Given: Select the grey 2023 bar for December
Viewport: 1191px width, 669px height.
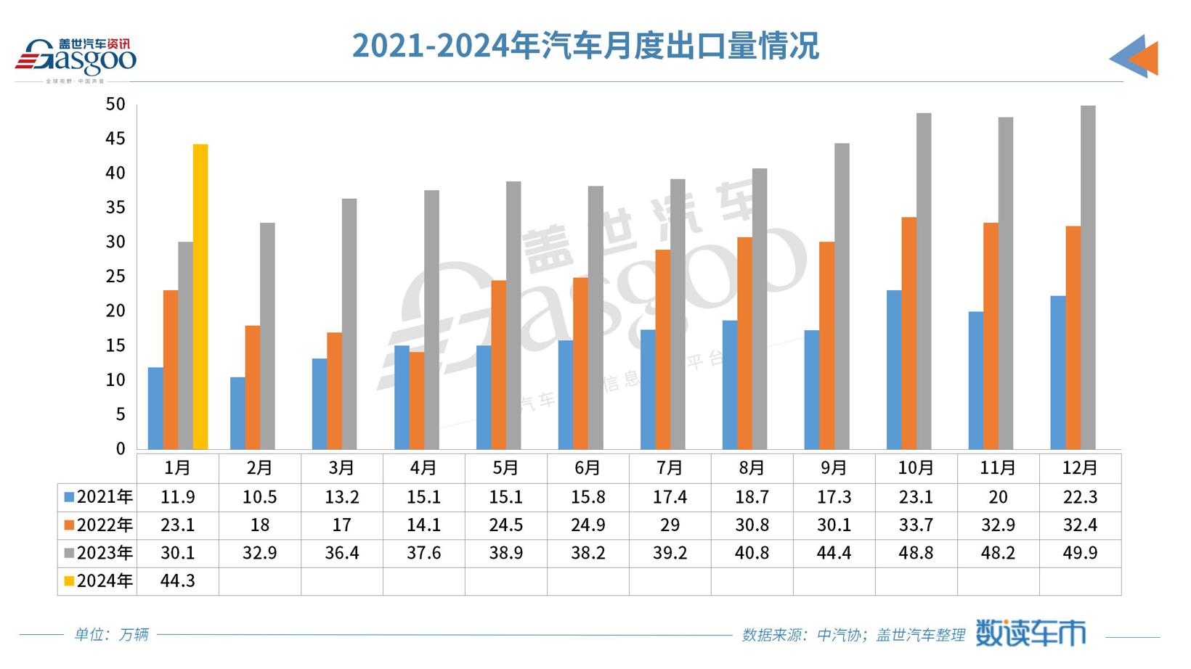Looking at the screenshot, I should [x=1088, y=277].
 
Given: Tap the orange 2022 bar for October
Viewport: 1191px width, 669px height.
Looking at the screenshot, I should [x=909, y=333].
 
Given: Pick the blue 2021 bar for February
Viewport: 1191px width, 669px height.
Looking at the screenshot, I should [x=237, y=413].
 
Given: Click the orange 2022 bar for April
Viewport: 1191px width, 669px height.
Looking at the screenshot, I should [x=417, y=401].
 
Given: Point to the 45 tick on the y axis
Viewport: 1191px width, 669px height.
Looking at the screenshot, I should [x=115, y=139].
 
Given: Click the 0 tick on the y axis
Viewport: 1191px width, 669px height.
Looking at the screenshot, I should [x=121, y=449].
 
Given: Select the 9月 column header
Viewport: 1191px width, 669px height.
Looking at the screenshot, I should [x=834, y=468].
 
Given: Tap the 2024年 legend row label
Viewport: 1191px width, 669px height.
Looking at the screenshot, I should [x=99, y=581].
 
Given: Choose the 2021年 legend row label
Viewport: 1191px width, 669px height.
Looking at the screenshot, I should [x=99, y=497].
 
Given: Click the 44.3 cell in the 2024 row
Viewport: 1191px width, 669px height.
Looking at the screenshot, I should [x=178, y=581].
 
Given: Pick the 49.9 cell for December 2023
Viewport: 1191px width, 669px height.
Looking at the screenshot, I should [x=1080, y=553].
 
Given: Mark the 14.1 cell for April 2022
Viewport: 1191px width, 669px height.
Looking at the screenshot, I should [x=424, y=525].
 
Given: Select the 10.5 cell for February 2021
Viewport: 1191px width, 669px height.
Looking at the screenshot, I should [x=259, y=497].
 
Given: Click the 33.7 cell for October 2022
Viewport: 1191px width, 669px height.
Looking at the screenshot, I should [x=916, y=525].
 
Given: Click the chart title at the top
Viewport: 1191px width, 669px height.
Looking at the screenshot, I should [x=585, y=46].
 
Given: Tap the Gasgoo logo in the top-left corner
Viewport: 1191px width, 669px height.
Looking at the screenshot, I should [x=76, y=58].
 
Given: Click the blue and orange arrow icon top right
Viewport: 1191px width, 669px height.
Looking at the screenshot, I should [x=1134, y=57].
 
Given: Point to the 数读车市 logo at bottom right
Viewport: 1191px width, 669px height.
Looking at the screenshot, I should [x=1030, y=633].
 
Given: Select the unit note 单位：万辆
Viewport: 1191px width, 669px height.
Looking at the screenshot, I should [x=111, y=635].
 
